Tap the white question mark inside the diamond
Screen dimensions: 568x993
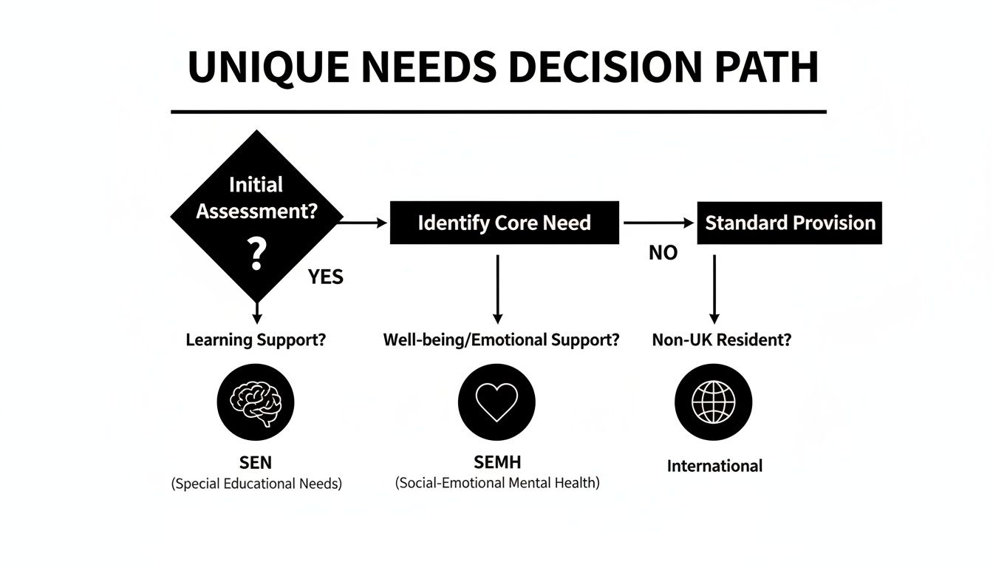coord(256,254)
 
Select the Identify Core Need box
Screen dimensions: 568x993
coord(504,223)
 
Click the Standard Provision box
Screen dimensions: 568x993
coord(789,223)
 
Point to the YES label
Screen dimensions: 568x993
coord(326,277)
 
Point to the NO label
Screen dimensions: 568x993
coord(663,253)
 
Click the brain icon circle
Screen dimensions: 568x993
coord(256,402)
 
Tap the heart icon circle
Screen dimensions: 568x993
coord(496,402)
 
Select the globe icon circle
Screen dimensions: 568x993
coord(713,402)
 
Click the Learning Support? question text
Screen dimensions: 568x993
coord(256,340)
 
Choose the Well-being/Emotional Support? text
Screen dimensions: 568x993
coord(501,340)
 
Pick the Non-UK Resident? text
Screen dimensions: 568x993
coord(721,340)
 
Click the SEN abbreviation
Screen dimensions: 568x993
coord(256,463)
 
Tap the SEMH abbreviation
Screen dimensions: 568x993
coord(497,462)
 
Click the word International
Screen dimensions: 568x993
coord(714,466)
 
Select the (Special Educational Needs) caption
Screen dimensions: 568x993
coord(256,485)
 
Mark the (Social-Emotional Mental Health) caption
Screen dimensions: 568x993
coord(497,484)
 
